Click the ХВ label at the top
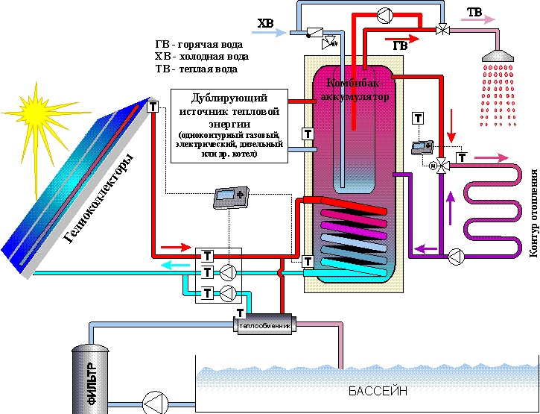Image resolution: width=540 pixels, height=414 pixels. coord(266,24)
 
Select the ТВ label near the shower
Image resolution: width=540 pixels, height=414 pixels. coord(474,12)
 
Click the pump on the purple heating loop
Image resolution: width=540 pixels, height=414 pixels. coord(455,258)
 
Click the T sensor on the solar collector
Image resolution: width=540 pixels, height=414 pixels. coord(153,107)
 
